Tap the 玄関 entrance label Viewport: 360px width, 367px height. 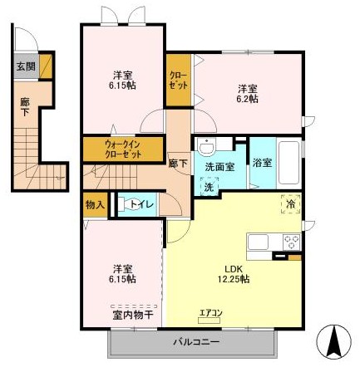click(x=26, y=66)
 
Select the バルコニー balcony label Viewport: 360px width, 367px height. click(x=196, y=342)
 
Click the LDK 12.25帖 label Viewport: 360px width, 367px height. click(x=234, y=274)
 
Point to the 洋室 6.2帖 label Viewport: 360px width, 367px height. click(x=248, y=94)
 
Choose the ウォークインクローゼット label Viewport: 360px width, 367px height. click(x=123, y=149)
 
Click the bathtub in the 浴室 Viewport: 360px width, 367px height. click(x=288, y=163)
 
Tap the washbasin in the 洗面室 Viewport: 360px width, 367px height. click(x=207, y=146)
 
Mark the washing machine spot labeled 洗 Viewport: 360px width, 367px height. click(x=210, y=186)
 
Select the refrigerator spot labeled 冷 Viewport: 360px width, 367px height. click(x=291, y=204)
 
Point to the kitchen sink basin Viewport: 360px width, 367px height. click(x=258, y=242)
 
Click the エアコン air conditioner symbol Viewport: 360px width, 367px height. click(x=210, y=321)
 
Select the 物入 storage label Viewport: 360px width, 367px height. click(x=95, y=205)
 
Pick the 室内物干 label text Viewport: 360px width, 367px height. click(x=133, y=315)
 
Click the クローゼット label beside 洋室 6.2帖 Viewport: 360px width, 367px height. click(x=179, y=81)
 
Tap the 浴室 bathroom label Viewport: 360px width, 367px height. click(x=262, y=163)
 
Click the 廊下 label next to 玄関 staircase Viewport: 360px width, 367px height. click(x=25, y=107)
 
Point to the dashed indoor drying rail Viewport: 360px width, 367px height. click(x=134, y=306)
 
